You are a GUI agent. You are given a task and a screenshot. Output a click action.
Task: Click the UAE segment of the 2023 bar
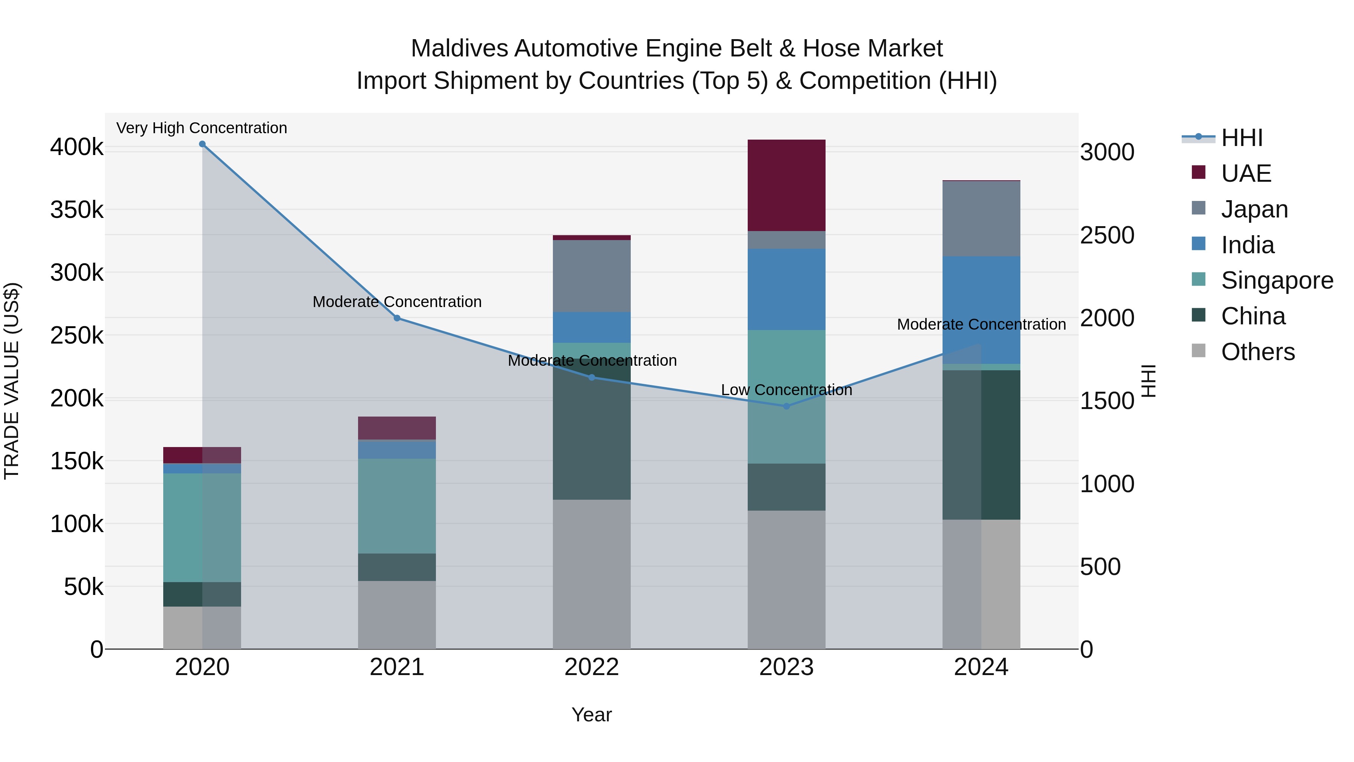tap(786, 185)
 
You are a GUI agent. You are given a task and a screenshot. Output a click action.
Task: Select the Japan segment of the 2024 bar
tap(981, 218)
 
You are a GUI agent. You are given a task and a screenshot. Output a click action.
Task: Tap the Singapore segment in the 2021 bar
tap(397, 505)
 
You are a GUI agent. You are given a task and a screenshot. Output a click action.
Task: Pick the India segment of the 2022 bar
tap(591, 327)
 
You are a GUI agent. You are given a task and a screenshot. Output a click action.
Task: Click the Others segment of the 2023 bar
tap(786, 579)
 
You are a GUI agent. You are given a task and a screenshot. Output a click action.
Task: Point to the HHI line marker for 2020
tap(202, 144)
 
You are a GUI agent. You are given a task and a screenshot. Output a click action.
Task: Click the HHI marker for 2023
tap(786, 406)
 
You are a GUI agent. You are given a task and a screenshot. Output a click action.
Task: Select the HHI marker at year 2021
tap(397, 318)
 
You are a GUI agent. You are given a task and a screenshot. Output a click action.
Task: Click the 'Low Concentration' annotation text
tap(786, 390)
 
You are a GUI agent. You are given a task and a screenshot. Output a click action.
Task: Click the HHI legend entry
tap(1242, 138)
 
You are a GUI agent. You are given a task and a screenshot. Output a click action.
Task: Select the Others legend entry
tap(1257, 352)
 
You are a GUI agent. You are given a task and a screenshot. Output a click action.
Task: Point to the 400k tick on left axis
tap(77, 147)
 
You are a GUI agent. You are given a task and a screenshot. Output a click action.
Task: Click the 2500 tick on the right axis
tap(1107, 235)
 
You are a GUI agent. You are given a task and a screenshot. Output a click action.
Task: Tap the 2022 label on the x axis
tap(591, 667)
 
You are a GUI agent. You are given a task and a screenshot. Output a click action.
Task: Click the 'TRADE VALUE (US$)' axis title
tap(12, 381)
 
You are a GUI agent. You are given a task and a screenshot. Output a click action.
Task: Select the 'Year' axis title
tap(591, 715)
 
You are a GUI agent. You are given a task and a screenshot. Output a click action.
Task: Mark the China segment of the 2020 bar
tap(202, 594)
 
